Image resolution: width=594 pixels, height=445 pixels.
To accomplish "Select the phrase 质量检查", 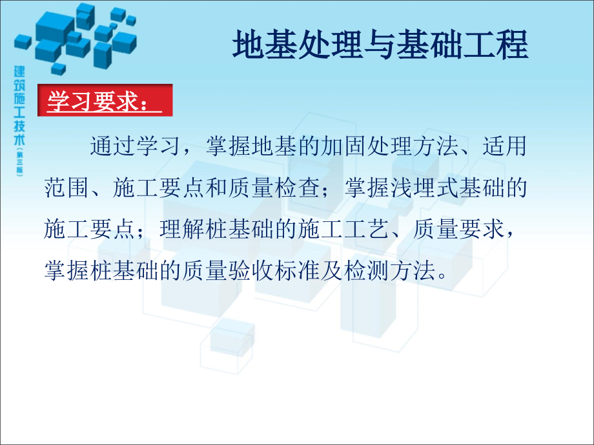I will [274, 188].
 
